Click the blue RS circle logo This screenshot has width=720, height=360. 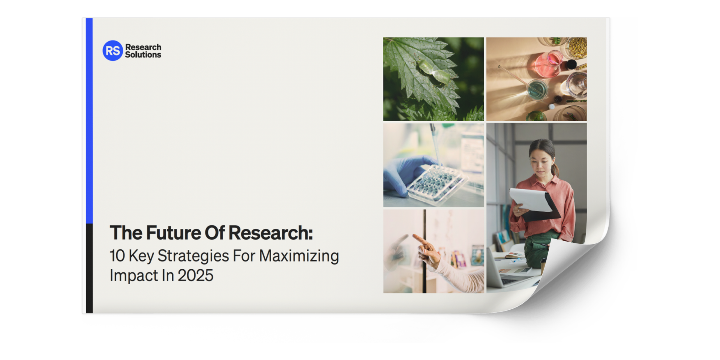112,51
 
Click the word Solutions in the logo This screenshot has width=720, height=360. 143,55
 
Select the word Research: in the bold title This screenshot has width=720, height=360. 270,233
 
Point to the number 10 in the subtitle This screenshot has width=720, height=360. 117,256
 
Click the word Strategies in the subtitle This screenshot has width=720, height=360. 193,256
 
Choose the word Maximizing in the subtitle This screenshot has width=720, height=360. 299,256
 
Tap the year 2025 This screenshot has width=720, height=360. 195,276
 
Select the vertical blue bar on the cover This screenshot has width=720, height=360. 89,120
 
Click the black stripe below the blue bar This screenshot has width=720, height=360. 89,268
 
